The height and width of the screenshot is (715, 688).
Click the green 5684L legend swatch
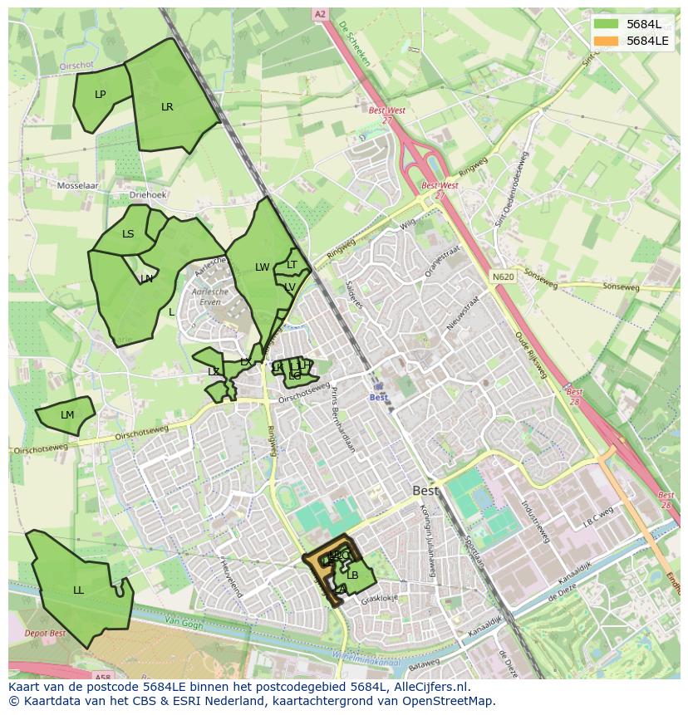[x=607, y=24]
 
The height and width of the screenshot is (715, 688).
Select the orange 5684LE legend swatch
[x=607, y=41]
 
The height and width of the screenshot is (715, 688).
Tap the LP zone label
[x=100, y=94]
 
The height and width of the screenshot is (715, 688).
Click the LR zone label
[x=167, y=106]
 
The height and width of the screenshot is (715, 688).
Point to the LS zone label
[x=128, y=234]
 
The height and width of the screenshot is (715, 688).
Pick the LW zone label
[x=262, y=267]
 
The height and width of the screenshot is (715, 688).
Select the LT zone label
[x=292, y=265]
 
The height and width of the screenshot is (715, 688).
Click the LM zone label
[x=67, y=415]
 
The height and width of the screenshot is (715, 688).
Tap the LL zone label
[x=78, y=590]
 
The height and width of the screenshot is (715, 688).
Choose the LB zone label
[x=352, y=575]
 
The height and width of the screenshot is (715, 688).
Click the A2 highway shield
[x=321, y=14]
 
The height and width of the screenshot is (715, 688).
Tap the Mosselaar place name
[x=77, y=186]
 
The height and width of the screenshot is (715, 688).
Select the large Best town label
[x=425, y=491]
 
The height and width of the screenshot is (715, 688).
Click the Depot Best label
[x=46, y=634]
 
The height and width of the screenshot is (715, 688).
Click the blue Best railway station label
[x=378, y=397]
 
